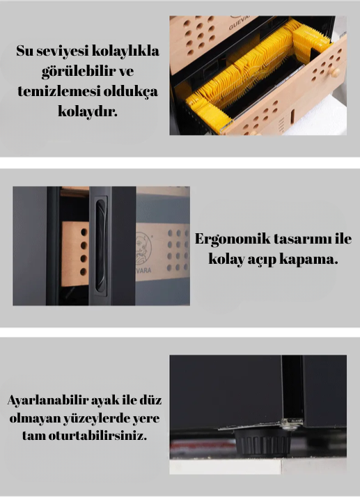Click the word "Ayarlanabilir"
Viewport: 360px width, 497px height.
[x=48, y=401]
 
